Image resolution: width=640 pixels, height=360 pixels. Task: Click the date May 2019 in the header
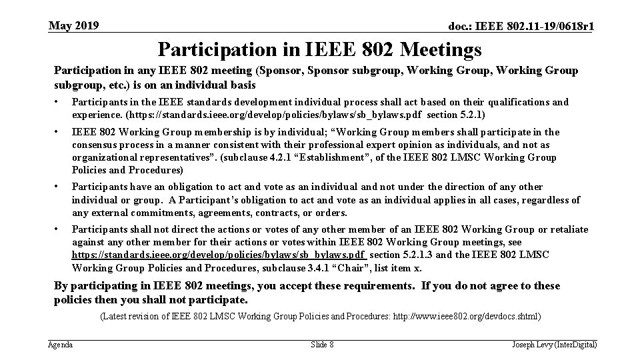(74, 26)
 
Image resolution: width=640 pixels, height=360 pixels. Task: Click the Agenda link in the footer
(61, 345)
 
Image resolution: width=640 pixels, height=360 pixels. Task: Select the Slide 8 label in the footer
(322, 345)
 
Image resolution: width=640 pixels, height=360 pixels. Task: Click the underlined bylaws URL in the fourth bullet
(219, 255)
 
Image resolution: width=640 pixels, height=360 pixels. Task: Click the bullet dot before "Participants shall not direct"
(58, 229)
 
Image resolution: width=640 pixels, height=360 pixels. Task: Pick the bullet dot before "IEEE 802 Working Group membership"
(58, 132)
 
